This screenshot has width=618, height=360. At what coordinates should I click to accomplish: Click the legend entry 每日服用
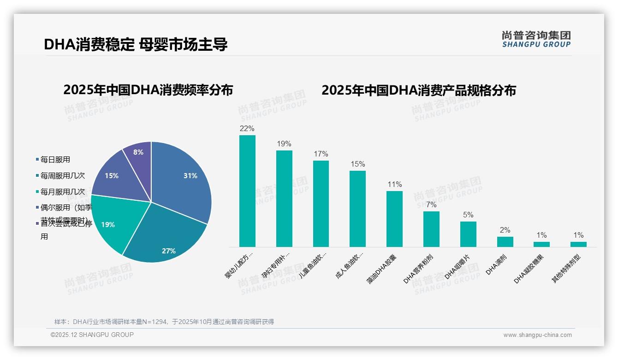pos(55,160)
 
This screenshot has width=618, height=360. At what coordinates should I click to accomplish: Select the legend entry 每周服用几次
pos(62,176)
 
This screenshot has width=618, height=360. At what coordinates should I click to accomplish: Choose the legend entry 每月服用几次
pos(62,192)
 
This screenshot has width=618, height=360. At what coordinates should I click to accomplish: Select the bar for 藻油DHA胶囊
pos(394,219)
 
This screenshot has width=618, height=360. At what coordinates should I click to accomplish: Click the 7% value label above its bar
pos(431,204)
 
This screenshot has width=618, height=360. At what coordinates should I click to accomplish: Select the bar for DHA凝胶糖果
pos(542,244)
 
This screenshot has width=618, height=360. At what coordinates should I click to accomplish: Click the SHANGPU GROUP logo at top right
pos(536,39)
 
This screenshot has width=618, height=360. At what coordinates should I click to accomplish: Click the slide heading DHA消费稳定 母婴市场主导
pos(136,44)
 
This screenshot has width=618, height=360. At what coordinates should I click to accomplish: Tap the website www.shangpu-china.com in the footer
pos(537,335)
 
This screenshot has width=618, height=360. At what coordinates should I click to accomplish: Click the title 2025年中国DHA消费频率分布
pos(148,90)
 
